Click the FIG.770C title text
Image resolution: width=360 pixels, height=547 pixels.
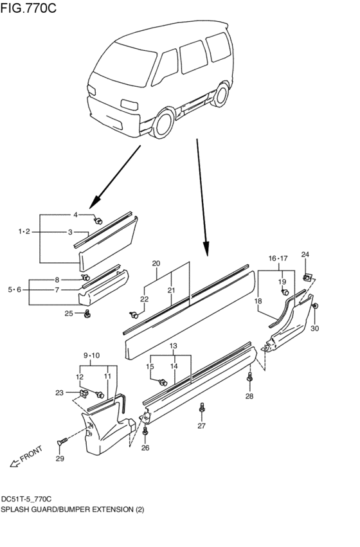(29, 8)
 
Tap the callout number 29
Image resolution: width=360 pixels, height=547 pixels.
(60, 458)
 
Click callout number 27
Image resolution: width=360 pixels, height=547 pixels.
(201, 426)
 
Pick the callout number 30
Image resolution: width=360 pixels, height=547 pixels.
(314, 328)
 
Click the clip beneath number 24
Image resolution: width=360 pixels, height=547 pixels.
(307, 278)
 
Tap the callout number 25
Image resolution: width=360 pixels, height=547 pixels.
(68, 314)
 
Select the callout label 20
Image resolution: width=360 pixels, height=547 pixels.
(156, 264)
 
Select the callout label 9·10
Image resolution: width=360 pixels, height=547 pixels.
(91, 355)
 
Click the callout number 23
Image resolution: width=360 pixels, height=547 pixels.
(60, 392)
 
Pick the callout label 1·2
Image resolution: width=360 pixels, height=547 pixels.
(24, 231)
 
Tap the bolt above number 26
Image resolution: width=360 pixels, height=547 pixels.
(146, 431)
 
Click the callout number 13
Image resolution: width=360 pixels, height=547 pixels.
(173, 346)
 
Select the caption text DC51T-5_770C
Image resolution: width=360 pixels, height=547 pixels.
(26, 499)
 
